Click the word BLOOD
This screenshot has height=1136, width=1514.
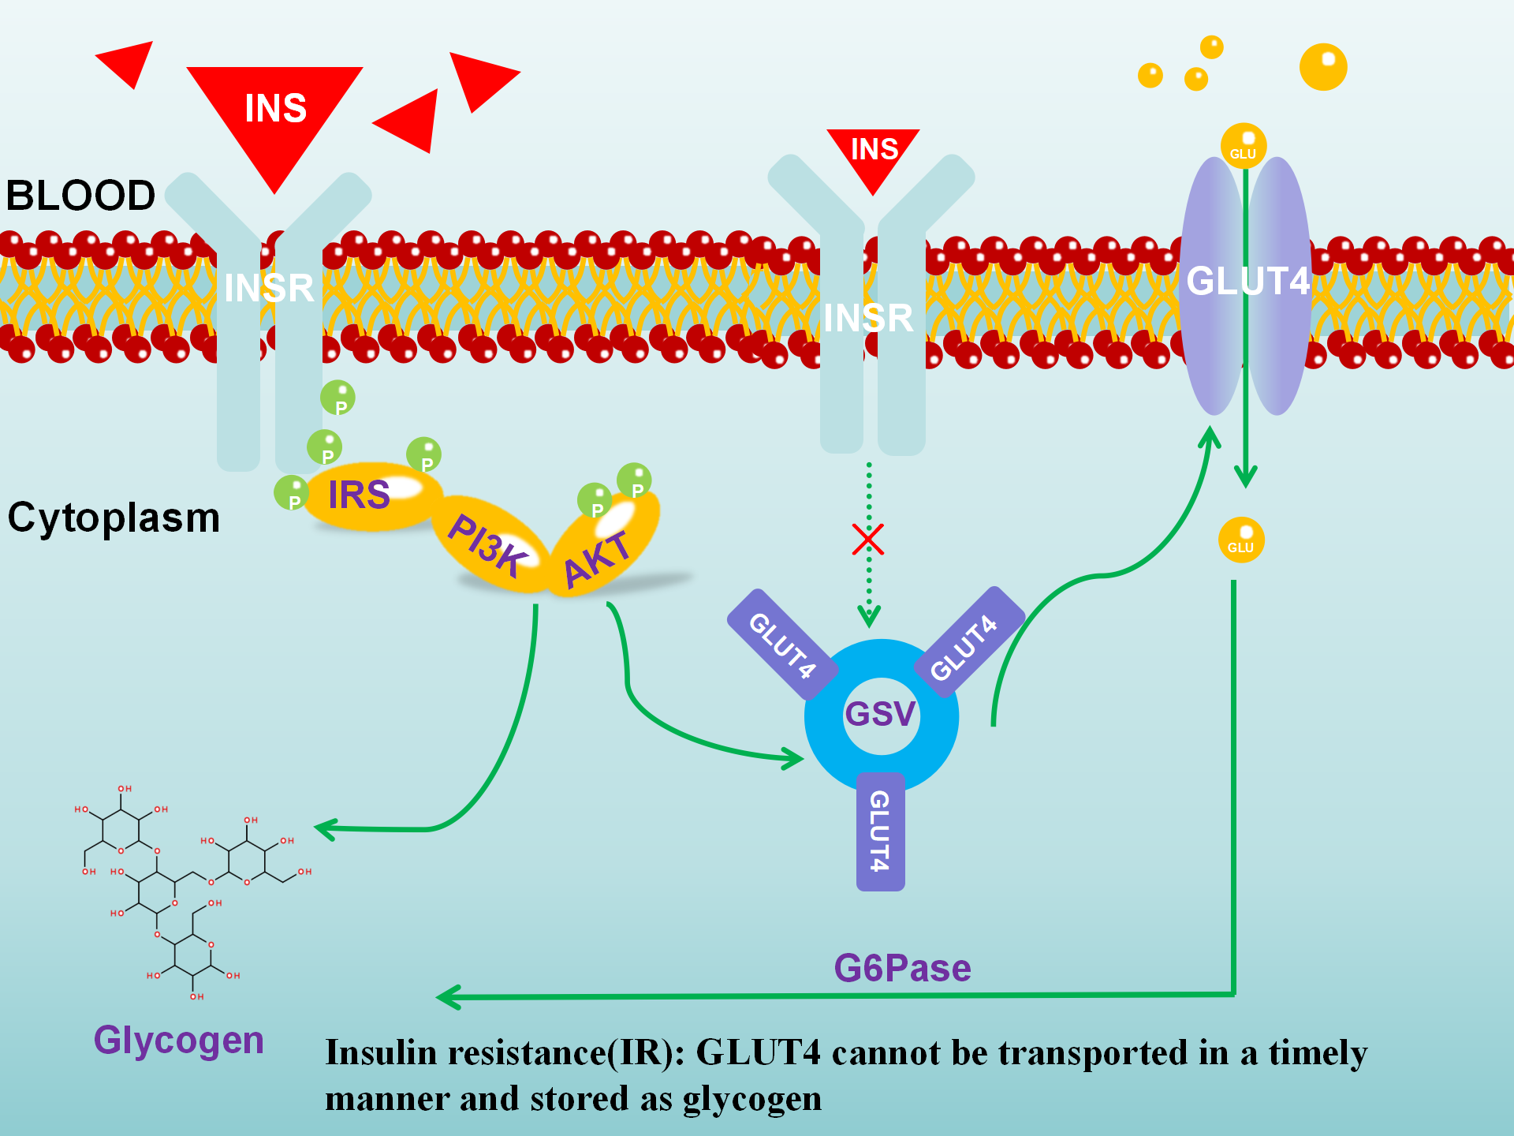click(x=80, y=196)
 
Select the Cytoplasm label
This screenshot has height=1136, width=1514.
click(x=114, y=518)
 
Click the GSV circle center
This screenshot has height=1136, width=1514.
click(x=881, y=715)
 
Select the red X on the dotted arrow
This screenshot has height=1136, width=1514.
click(x=868, y=540)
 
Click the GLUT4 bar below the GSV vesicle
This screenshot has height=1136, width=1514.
click(x=880, y=831)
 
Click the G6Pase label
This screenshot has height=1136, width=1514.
click(x=902, y=968)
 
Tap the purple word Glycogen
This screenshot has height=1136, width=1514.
click(x=178, y=1040)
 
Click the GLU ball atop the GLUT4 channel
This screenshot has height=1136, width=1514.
click(x=1244, y=146)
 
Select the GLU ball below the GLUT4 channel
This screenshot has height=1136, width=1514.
click(x=1241, y=540)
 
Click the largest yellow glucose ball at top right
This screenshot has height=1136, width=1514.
click(x=1323, y=67)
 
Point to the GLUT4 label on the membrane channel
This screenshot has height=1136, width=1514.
click(x=1247, y=282)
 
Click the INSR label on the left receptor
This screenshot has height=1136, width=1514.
click(x=269, y=288)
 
